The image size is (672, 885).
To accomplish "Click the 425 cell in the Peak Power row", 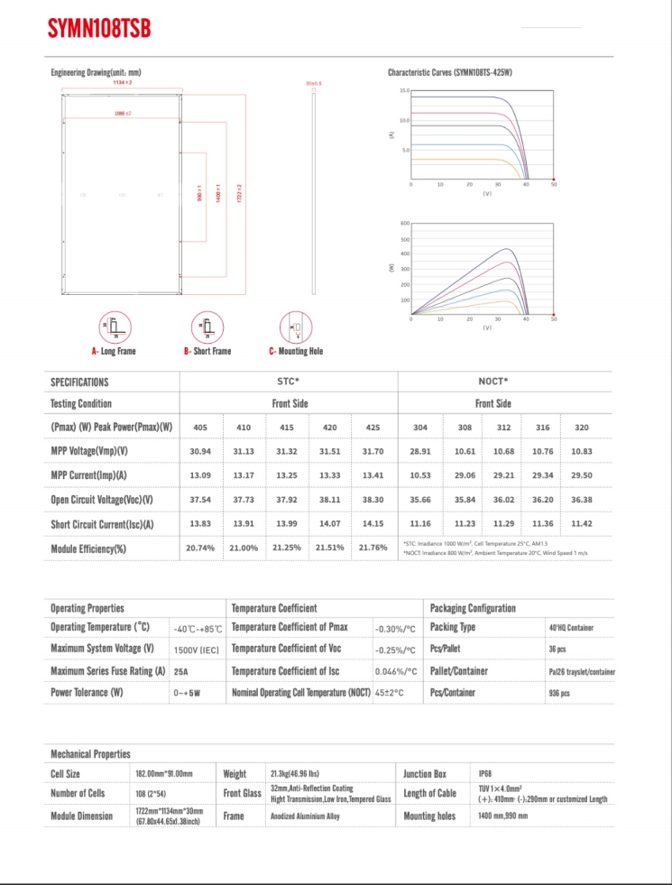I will coord(373,428).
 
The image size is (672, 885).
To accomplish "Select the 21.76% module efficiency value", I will coord(373,548).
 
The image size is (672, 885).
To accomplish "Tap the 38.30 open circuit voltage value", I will coord(373,500).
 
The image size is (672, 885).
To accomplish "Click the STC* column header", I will coord(288,382).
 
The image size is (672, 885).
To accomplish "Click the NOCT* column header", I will coord(492,382).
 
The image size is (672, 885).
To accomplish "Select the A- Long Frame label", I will coord(114,351).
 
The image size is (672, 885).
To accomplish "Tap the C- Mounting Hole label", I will coord(296,351).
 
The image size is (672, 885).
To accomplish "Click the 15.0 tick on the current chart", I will coord(405,91).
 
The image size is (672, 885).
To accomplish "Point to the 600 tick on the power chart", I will coord(404,223).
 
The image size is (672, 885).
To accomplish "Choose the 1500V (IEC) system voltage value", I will coord(196,650).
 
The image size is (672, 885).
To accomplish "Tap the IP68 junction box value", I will coord(485,773).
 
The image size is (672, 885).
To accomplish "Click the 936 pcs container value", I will coord(559,693).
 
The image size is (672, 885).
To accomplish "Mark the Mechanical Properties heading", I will coord(90,753).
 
